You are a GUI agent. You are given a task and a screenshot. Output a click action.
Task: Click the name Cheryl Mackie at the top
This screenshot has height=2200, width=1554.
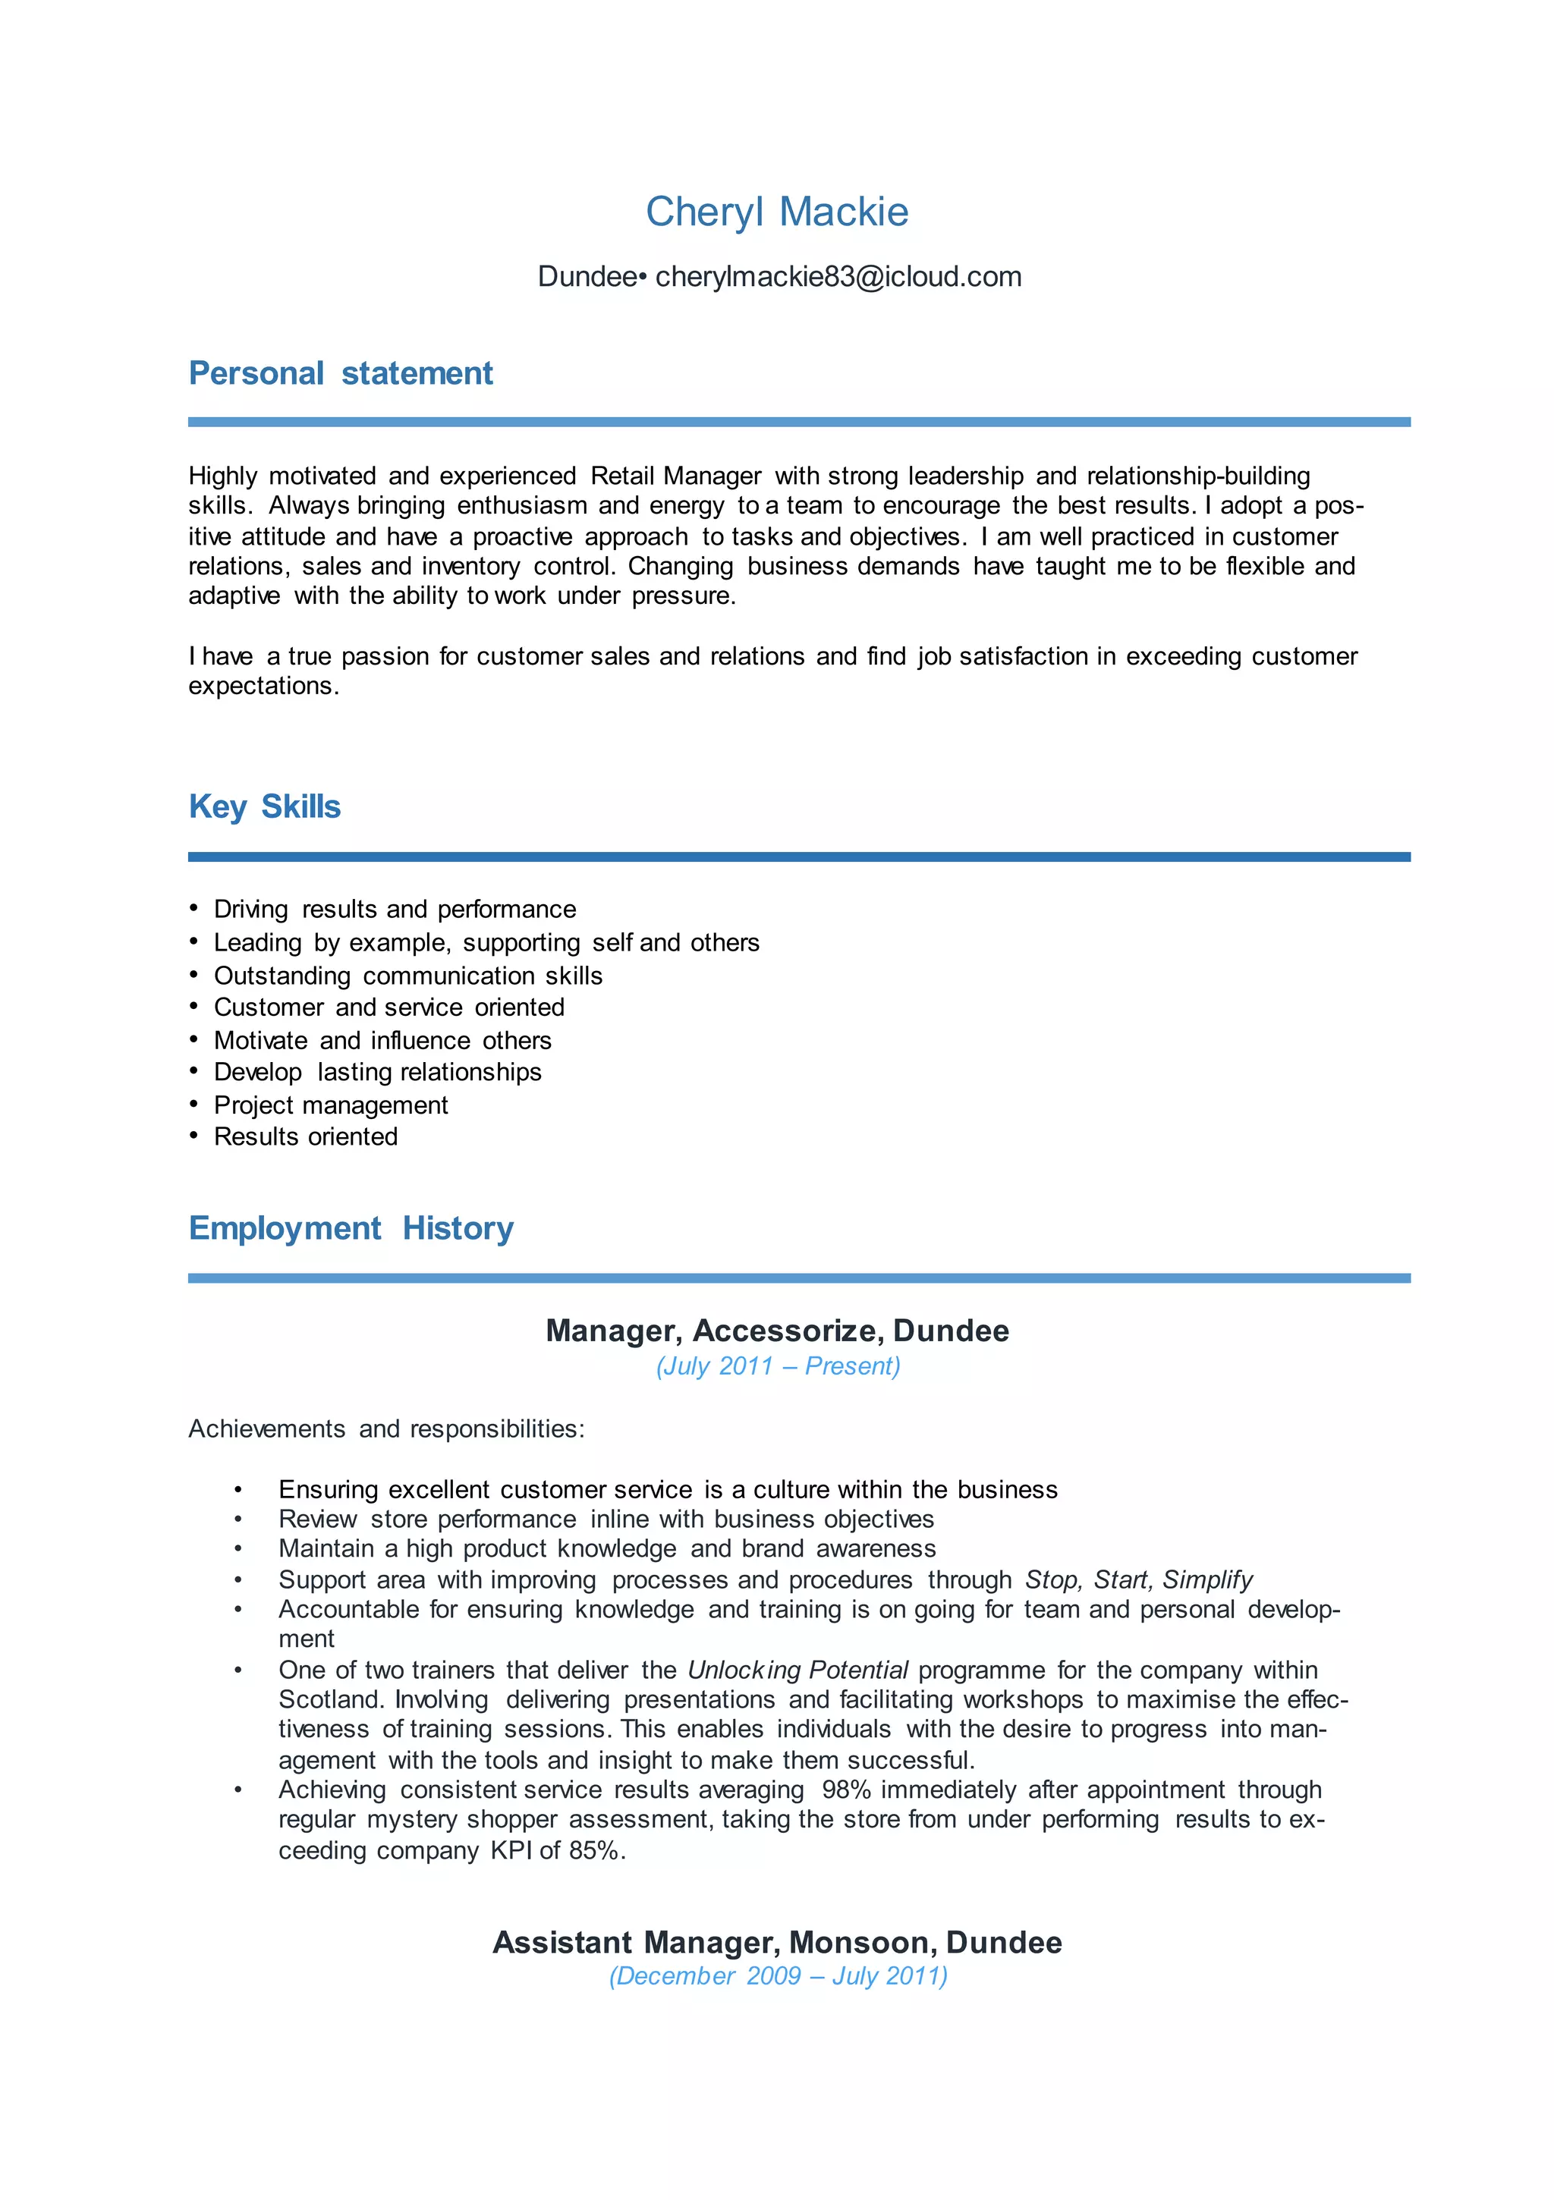(x=776, y=212)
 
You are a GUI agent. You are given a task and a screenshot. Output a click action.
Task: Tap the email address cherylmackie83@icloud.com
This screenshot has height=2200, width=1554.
(x=838, y=277)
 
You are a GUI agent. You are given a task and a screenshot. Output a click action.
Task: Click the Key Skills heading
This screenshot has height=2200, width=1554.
(x=265, y=807)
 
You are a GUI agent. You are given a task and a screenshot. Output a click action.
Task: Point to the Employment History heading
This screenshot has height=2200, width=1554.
(x=351, y=1228)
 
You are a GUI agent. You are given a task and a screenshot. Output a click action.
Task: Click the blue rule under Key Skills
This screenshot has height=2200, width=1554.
(x=798, y=856)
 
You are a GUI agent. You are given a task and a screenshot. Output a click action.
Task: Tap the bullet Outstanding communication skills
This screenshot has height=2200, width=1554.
(x=407, y=976)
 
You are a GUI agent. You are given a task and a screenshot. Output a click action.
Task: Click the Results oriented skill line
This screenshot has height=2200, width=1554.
(x=305, y=1136)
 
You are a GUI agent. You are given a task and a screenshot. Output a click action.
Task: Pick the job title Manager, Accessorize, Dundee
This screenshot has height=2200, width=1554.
(x=776, y=1331)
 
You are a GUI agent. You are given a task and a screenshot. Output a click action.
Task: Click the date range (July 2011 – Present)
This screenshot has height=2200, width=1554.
(x=778, y=1366)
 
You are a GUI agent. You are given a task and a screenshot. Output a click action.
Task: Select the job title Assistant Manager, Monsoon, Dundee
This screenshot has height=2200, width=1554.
(x=776, y=1942)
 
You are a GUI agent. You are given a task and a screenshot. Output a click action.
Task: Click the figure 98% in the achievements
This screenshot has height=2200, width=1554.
(x=845, y=1790)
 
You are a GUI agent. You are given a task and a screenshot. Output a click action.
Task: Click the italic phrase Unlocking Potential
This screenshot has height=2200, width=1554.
(x=797, y=1670)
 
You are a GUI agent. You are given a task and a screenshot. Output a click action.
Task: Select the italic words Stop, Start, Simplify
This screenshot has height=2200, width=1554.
(x=1138, y=1579)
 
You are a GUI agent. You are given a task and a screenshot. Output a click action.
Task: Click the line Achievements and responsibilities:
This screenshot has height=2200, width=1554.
(x=386, y=1428)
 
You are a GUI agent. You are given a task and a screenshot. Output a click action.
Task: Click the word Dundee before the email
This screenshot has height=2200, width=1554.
(x=587, y=277)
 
